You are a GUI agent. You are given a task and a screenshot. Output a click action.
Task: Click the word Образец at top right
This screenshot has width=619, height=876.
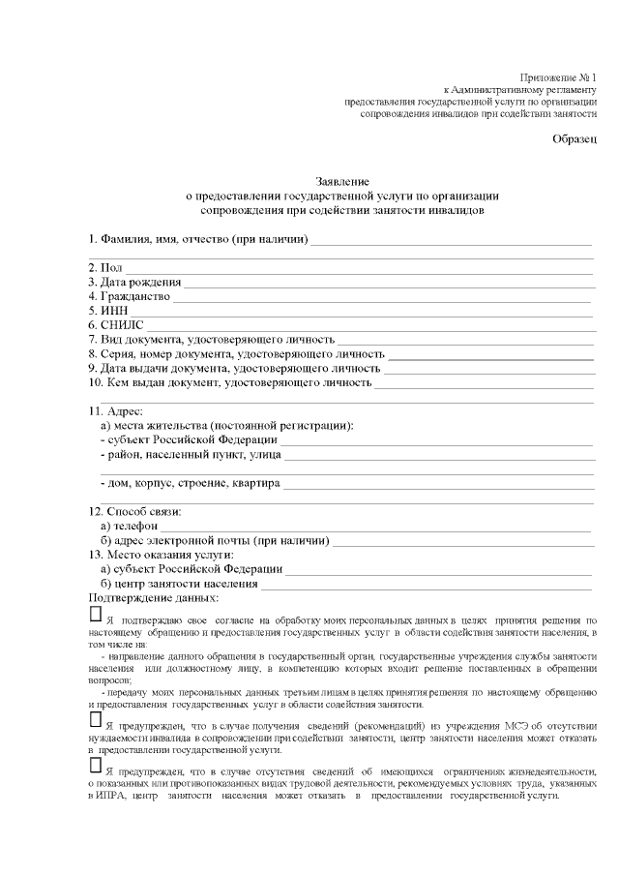pyautogui.click(x=575, y=139)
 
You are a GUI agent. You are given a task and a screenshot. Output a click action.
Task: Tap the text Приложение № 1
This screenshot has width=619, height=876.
pyautogui.click(x=559, y=76)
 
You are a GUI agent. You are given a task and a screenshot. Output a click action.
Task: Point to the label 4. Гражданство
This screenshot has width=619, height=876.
pyautogui.click(x=129, y=296)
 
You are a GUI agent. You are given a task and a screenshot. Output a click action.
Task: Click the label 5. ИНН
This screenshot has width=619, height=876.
pyautogui.click(x=107, y=311)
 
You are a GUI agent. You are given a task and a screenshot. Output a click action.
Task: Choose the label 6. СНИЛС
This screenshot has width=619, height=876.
pyautogui.click(x=116, y=325)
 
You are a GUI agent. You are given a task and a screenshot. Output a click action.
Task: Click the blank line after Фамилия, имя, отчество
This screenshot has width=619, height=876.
pyautogui.click(x=451, y=240)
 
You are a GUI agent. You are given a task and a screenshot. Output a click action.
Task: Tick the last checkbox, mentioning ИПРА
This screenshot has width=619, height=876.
pyautogui.click(x=95, y=766)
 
